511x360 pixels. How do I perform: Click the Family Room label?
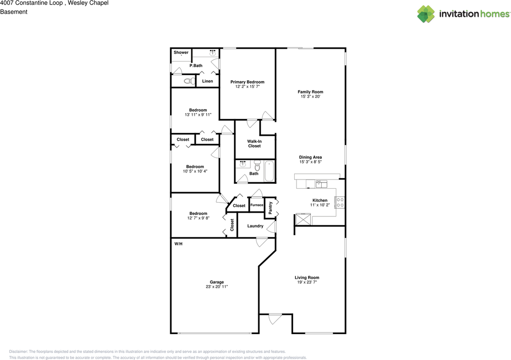pos(310,92)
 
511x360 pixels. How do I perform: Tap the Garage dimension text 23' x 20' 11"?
pos(217,286)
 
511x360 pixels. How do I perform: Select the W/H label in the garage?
pos(178,243)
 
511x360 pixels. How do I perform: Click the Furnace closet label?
pos(257,205)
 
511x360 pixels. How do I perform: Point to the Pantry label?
pos(270,208)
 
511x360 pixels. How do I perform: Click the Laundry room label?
pos(255,226)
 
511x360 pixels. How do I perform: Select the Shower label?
pos(181,52)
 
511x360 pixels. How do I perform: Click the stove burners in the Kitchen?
pos(340,202)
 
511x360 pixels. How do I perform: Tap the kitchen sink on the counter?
pos(321,184)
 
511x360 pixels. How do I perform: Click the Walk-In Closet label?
pos(254,143)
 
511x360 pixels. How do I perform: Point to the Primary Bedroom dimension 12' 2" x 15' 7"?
pos(247,87)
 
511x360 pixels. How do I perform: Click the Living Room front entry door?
pos(275,318)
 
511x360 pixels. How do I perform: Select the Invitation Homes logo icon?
pos(426,14)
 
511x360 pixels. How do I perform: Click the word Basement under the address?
pos(14,12)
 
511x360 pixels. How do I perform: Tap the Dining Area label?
pos(310,157)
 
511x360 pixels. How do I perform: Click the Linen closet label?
pos(208,81)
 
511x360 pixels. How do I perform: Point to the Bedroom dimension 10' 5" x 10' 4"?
pos(195,171)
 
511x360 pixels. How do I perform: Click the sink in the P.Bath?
pos(213,53)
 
